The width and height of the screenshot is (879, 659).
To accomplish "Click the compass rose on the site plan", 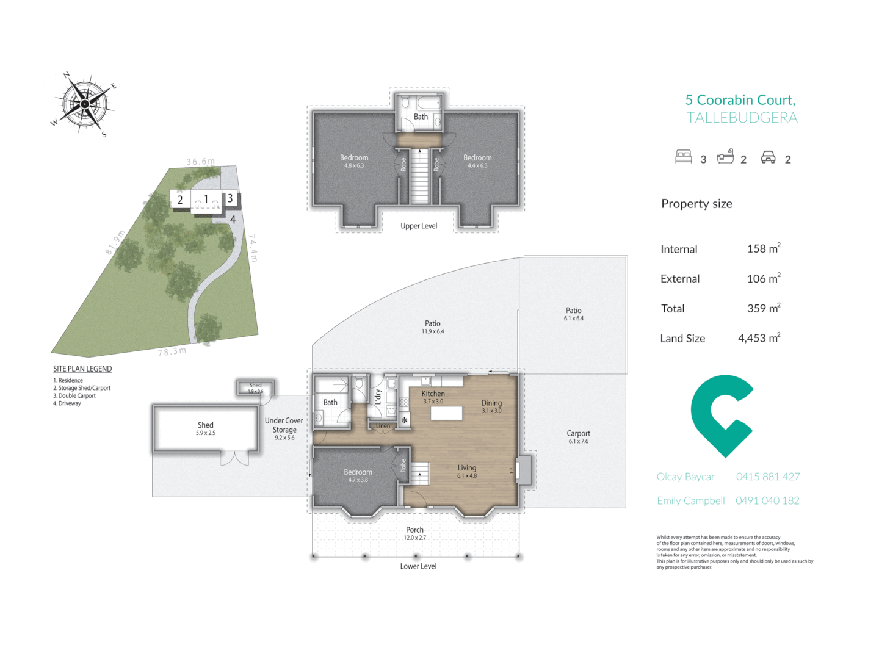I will point(84,104).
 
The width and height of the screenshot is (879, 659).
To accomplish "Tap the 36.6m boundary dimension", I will point(201,162).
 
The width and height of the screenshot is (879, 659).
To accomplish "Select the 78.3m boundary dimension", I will point(172,351).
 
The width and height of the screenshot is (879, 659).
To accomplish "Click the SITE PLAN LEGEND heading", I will point(82,369).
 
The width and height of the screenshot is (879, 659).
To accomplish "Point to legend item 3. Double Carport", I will point(74,395).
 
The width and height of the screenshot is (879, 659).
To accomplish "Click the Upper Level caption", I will point(419,226).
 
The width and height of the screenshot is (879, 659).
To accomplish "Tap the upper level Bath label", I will point(421,117).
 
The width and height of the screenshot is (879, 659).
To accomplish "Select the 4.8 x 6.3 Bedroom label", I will point(354,161).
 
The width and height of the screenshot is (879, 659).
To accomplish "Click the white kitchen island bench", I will point(446,413).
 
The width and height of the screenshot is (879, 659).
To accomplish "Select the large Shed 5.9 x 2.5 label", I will point(206,428).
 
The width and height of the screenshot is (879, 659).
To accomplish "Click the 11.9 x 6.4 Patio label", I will point(433,326).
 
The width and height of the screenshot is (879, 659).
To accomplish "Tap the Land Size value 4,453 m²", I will point(759,338).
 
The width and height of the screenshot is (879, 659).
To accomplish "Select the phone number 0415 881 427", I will point(767,477).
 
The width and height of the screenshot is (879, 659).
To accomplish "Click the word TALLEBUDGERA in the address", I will point(742,118).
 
